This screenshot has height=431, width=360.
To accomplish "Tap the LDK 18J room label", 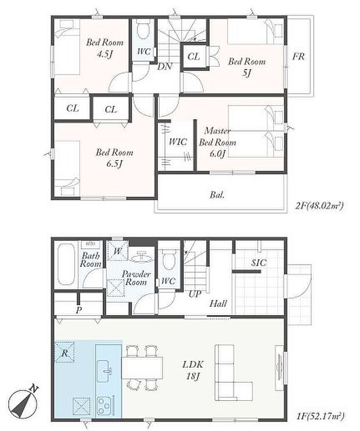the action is (x=193, y=370).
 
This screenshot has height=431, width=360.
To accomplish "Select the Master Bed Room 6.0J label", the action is (x=217, y=142).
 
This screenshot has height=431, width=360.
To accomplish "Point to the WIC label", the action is (x=178, y=142).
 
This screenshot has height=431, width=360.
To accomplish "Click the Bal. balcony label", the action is (x=217, y=195).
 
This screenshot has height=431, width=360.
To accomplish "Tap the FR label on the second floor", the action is (x=298, y=57).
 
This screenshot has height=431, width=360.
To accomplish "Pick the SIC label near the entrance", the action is (x=258, y=263).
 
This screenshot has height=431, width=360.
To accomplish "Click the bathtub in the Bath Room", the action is (x=66, y=264).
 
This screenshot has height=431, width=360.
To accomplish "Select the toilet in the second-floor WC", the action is (x=143, y=31).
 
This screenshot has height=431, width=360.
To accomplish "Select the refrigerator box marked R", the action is (x=64, y=352).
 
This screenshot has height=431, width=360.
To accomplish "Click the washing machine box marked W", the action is (x=117, y=251).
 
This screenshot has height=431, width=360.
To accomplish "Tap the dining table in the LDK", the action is (x=142, y=368).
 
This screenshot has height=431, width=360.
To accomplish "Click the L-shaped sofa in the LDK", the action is (x=231, y=372).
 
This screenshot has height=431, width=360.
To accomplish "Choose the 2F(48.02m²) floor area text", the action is (x=319, y=205).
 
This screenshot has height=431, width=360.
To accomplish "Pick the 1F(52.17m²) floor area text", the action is (x=320, y=416).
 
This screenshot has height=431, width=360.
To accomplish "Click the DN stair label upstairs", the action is (x=164, y=67).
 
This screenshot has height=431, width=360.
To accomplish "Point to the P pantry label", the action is (x=79, y=310).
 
